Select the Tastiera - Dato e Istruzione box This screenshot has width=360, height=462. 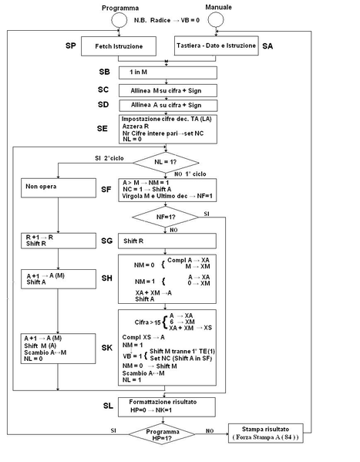212,47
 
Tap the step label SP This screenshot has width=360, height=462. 70,47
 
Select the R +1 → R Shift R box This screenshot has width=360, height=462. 59,241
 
